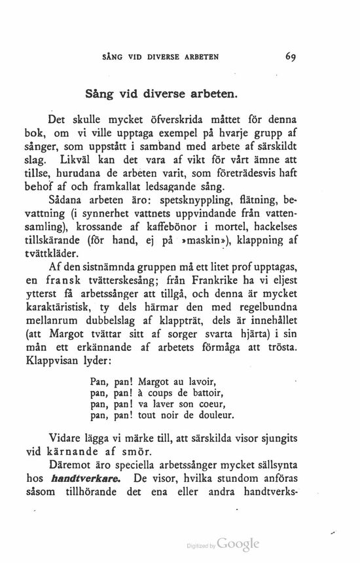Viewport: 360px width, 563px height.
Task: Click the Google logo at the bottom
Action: (x=238, y=543)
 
